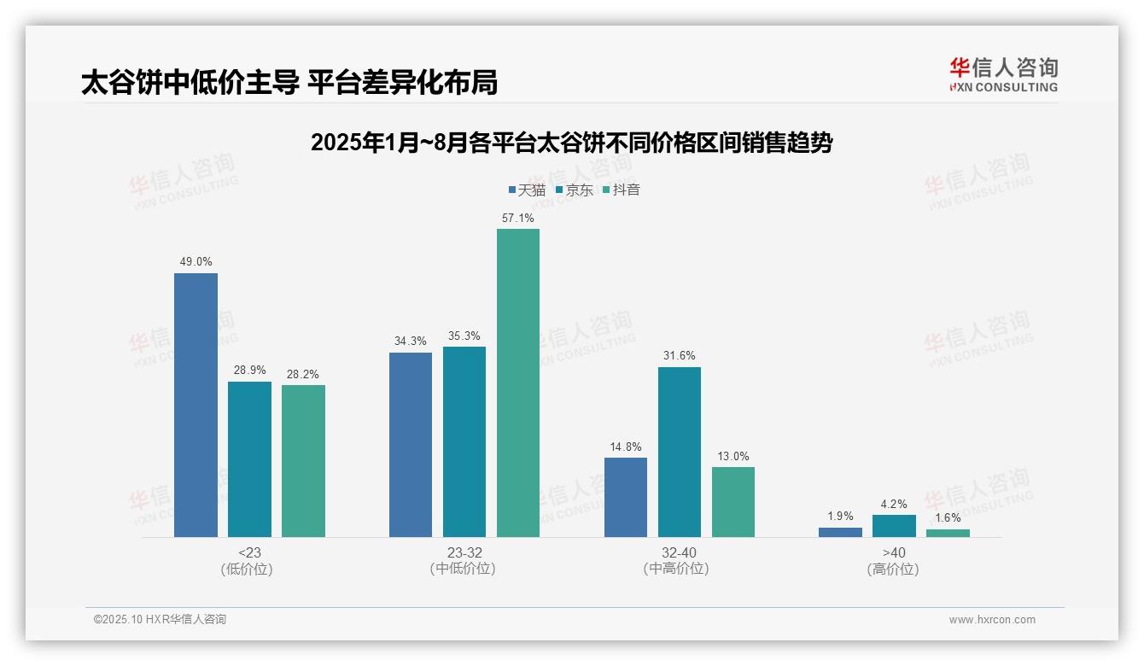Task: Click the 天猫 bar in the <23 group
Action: [x=196, y=405]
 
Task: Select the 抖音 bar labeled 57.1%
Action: [x=518, y=383]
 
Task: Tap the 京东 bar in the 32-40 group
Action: [x=680, y=452]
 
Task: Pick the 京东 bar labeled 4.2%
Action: [x=894, y=526]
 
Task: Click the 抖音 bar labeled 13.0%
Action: [x=733, y=502]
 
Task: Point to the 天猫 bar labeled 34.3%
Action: [x=411, y=445]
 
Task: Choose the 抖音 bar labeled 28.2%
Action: [x=303, y=461]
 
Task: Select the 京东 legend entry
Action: [x=575, y=190]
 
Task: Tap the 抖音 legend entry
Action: [x=622, y=190]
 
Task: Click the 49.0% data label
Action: [x=196, y=262]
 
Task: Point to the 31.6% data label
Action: [x=680, y=356]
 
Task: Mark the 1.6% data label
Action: [x=948, y=517]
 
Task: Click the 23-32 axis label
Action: [x=464, y=552]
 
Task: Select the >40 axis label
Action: [x=894, y=552]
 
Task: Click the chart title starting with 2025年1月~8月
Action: [x=571, y=143]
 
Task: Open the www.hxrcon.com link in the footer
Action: [x=992, y=620]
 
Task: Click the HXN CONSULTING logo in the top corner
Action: [x=1003, y=74]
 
